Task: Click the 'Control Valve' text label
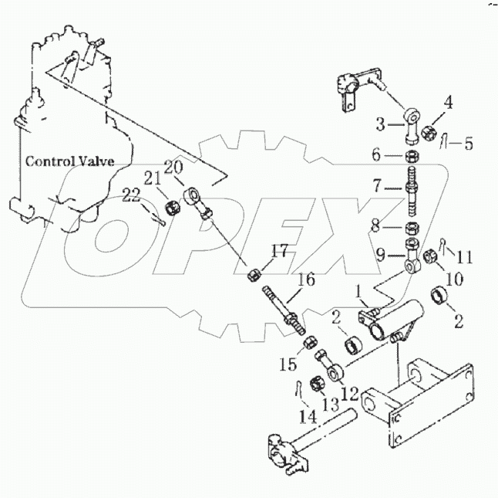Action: [70, 161]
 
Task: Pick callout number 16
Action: [306, 279]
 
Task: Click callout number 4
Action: [447, 100]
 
